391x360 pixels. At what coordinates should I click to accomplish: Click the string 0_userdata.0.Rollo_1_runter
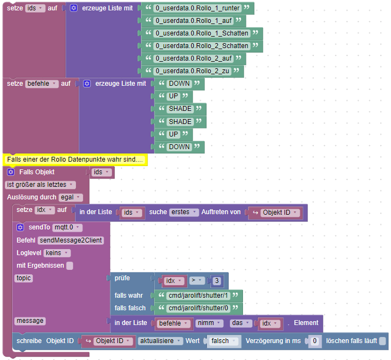197,8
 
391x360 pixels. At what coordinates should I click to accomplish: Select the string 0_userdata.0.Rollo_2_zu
193,71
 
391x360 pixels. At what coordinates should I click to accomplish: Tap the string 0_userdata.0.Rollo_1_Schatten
202,33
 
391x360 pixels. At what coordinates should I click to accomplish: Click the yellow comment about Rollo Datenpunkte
75,160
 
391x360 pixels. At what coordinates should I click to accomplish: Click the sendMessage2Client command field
71,240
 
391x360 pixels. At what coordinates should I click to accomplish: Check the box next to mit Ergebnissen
70,266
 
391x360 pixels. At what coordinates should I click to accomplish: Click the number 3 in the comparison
217,281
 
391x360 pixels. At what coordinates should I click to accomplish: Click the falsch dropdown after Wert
222,341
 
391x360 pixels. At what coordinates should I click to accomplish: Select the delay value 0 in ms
314,341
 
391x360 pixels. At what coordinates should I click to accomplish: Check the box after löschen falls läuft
383,341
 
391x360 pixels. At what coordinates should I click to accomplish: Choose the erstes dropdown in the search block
183,212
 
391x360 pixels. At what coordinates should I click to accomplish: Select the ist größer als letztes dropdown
40,185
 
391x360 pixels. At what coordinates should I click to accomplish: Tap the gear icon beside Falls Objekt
10,172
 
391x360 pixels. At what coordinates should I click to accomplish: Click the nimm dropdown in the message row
208,323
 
